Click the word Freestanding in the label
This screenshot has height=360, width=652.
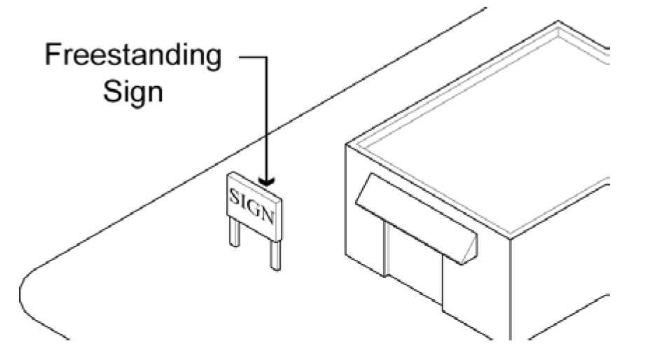pos(132,55)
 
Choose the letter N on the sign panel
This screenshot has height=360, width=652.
pos(268,214)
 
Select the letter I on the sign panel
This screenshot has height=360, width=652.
pos(245,200)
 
